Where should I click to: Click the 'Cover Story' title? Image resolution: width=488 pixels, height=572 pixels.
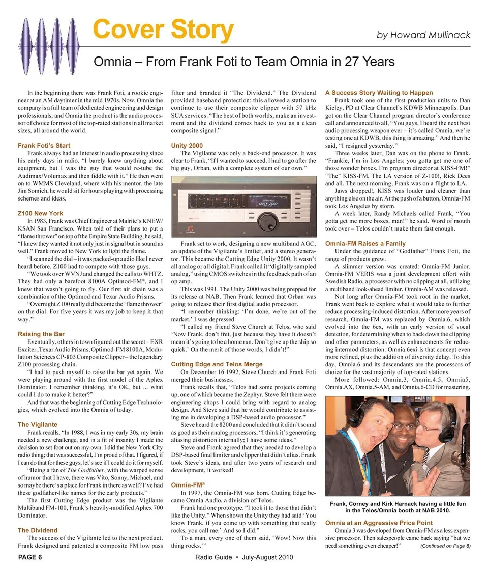[163, 31]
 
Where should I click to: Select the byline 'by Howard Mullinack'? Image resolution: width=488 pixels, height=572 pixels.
[423, 35]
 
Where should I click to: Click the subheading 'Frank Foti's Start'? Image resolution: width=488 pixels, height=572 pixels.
[44, 146]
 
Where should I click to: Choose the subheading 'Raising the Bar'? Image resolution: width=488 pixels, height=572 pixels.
[41, 334]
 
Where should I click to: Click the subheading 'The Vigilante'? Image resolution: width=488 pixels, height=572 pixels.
[38, 424]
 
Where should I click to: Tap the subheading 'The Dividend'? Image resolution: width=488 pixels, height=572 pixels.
[38, 530]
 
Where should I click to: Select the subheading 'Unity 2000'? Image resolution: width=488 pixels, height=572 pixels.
[187, 146]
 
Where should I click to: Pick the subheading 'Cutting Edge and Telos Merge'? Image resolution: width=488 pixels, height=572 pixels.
[217, 364]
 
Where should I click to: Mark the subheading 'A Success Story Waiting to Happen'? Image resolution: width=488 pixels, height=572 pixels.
[379, 93]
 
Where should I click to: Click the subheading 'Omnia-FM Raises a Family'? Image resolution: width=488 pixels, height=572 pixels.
[365, 243]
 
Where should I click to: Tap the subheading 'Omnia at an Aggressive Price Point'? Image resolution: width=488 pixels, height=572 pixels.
[379, 523]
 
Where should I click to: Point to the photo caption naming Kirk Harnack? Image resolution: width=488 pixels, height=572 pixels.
[398, 507]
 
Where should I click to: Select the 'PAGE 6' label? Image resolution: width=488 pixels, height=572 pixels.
[30, 557]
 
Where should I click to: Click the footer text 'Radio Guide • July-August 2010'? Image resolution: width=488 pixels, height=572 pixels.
[244, 557]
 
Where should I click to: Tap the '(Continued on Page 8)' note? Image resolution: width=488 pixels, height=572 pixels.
[446, 546]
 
